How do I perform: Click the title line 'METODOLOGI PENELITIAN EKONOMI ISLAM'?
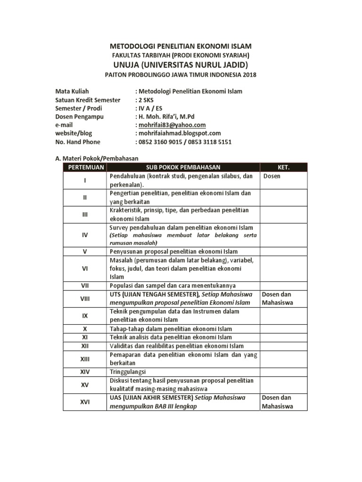point(181,46)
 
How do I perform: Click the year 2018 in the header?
point(250,74)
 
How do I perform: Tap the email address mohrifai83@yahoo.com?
point(172,125)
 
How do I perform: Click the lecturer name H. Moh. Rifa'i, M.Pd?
point(167,116)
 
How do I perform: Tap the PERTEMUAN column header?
point(85,167)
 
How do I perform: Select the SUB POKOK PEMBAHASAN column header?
point(183,167)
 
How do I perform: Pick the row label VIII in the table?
point(85,298)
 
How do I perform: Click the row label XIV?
point(85,372)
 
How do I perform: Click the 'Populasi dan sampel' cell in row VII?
point(172,285)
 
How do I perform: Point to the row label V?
point(85,251)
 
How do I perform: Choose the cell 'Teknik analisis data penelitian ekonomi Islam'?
point(171,337)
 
